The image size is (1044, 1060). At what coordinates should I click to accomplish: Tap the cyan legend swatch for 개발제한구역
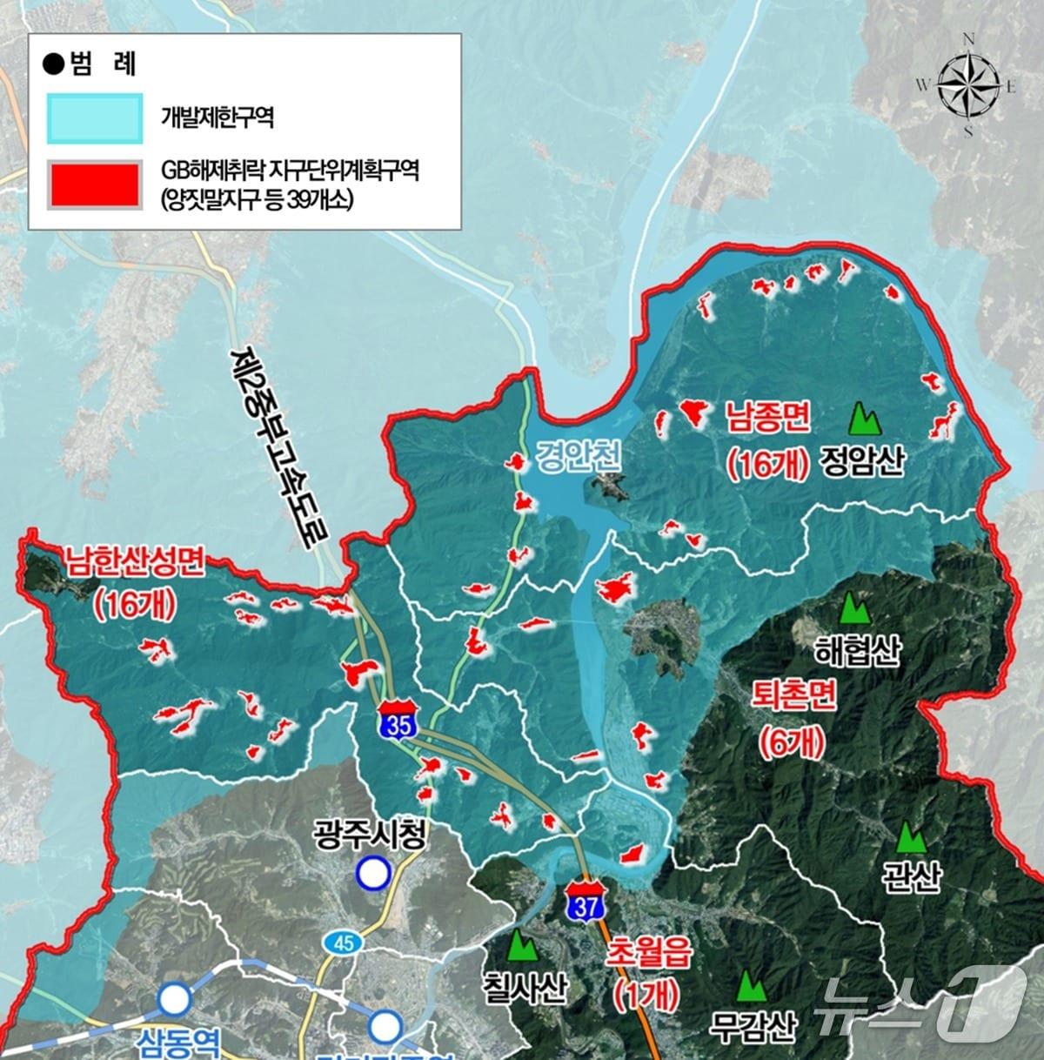tap(95, 118)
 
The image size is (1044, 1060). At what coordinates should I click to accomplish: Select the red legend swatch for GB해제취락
tap(95, 184)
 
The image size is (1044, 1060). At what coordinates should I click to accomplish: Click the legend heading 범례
tap(91, 64)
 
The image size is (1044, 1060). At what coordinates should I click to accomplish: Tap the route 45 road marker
tap(340, 943)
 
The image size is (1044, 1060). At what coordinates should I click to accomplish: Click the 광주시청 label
tap(370, 837)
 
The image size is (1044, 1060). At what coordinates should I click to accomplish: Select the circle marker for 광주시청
tap(373, 874)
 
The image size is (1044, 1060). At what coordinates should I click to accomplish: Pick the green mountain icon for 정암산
tap(864, 419)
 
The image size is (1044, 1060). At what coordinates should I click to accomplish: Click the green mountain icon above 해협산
tap(853, 607)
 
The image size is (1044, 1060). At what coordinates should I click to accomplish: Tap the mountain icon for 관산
tap(911, 838)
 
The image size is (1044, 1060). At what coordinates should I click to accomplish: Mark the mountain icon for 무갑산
tap(749, 986)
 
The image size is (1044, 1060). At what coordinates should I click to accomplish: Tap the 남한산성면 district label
tap(132, 562)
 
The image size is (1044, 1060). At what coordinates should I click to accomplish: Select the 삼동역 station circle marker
tap(174, 1000)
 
